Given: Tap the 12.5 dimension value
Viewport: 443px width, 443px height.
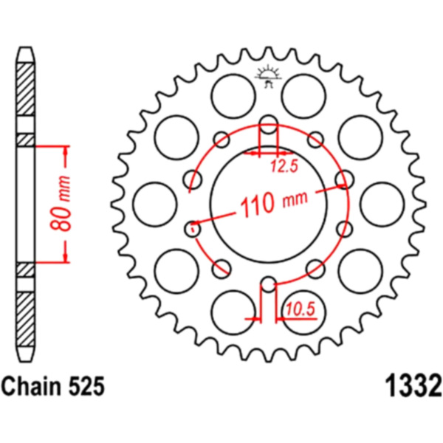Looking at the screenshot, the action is coord(284,166).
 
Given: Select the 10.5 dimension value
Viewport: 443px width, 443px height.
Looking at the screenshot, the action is coord(301,309).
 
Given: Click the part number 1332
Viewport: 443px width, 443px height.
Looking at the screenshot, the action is coord(413,386).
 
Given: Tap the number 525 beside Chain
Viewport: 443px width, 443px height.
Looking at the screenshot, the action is coord(86,386).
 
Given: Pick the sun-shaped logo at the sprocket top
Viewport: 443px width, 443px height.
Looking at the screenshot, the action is coord(269,76).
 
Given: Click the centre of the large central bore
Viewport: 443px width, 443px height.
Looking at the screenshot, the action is coord(269,204).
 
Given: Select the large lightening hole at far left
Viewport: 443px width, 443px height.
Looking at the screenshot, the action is coord(155,205).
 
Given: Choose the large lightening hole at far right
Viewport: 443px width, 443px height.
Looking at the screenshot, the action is coord(382,205).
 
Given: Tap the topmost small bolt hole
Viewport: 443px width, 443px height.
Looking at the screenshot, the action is coord(269,124).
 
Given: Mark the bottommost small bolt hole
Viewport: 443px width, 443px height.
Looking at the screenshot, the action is coord(269,284).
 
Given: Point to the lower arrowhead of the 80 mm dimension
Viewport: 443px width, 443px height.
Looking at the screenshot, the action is coord(66,258).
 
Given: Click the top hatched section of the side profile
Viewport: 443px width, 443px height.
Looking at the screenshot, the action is coord(25,89).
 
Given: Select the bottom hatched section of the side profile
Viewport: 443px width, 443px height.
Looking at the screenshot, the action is coord(25,319).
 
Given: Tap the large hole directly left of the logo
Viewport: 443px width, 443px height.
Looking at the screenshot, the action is coord(233,96).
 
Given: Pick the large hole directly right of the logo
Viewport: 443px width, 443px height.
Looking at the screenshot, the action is coord(304,96).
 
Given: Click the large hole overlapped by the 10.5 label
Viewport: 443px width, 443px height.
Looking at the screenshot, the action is coord(304,312).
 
